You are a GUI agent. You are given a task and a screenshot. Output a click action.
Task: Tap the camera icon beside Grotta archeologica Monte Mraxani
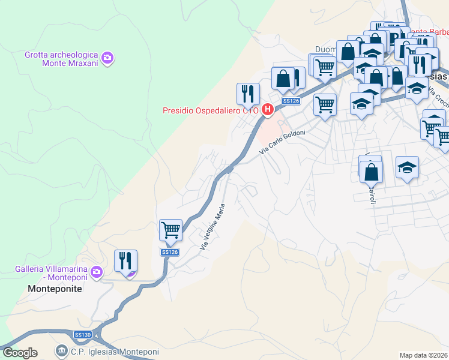[108, 58]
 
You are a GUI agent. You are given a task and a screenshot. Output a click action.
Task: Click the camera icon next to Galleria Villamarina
[95, 274]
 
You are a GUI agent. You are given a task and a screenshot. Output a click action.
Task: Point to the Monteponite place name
[55, 289]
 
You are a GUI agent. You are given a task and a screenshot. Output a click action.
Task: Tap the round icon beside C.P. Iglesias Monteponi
[61, 350]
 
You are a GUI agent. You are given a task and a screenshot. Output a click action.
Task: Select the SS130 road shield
[82, 334]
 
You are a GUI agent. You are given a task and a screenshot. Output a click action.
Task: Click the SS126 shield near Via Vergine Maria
[170, 252]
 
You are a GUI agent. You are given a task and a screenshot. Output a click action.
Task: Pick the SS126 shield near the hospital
[291, 101]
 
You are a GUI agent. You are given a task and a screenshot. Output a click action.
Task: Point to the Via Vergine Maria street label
[212, 227]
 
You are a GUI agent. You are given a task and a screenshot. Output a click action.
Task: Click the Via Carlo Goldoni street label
[283, 142]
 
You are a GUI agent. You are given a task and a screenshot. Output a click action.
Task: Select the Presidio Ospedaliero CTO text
[210, 110]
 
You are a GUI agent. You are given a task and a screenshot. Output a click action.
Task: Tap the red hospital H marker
[268, 110]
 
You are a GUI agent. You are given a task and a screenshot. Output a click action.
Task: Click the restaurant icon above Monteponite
[125, 261]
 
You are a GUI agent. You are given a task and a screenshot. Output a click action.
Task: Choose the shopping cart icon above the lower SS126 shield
[171, 230]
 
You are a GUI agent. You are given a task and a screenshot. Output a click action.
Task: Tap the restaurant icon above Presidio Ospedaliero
[248, 94]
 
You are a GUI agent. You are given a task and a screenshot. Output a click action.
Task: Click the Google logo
[20, 353]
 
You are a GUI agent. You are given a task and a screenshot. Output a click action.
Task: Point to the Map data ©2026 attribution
[424, 355]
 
